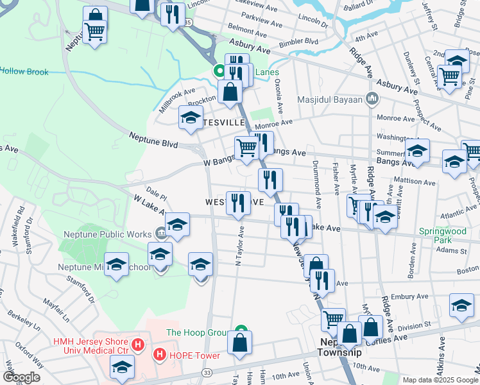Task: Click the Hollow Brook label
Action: tap(24, 72)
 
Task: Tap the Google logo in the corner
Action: tap(21, 377)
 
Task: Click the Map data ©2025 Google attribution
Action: tap(440, 380)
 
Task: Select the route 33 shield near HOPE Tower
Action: tap(207, 372)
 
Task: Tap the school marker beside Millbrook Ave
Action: tap(190, 118)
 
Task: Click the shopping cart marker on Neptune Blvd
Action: tap(247, 148)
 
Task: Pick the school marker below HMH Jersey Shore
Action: tap(121, 368)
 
